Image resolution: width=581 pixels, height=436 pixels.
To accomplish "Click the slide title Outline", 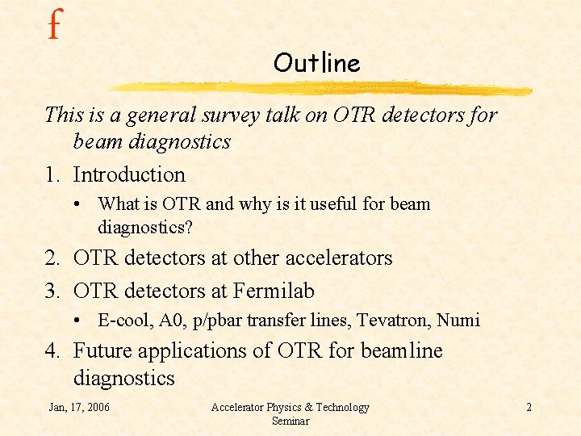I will (x=316, y=62).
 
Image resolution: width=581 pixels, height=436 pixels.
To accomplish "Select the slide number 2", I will (x=529, y=407).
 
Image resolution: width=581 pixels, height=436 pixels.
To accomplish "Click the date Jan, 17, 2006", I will (x=79, y=407).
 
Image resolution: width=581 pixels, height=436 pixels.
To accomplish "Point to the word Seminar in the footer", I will (x=290, y=421).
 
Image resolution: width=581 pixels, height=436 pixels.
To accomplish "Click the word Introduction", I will (x=129, y=174).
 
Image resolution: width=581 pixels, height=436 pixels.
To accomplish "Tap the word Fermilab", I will (x=274, y=290).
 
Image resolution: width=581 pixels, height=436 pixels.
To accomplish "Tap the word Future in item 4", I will (x=104, y=351).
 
